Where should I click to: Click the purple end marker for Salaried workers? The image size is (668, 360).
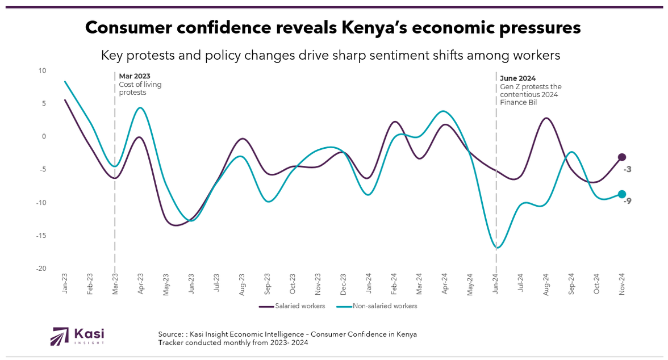pos(622,157)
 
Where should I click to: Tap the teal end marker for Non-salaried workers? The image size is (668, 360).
pos(622,194)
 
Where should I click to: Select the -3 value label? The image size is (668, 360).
pos(627,169)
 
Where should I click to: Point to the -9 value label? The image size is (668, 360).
pos(627,200)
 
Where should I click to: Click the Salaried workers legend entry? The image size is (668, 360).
pos(292,306)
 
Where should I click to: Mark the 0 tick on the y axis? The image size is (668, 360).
pos(43,137)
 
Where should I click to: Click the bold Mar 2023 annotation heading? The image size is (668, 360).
pos(135,76)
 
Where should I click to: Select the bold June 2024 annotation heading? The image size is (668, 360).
pos(518,78)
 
